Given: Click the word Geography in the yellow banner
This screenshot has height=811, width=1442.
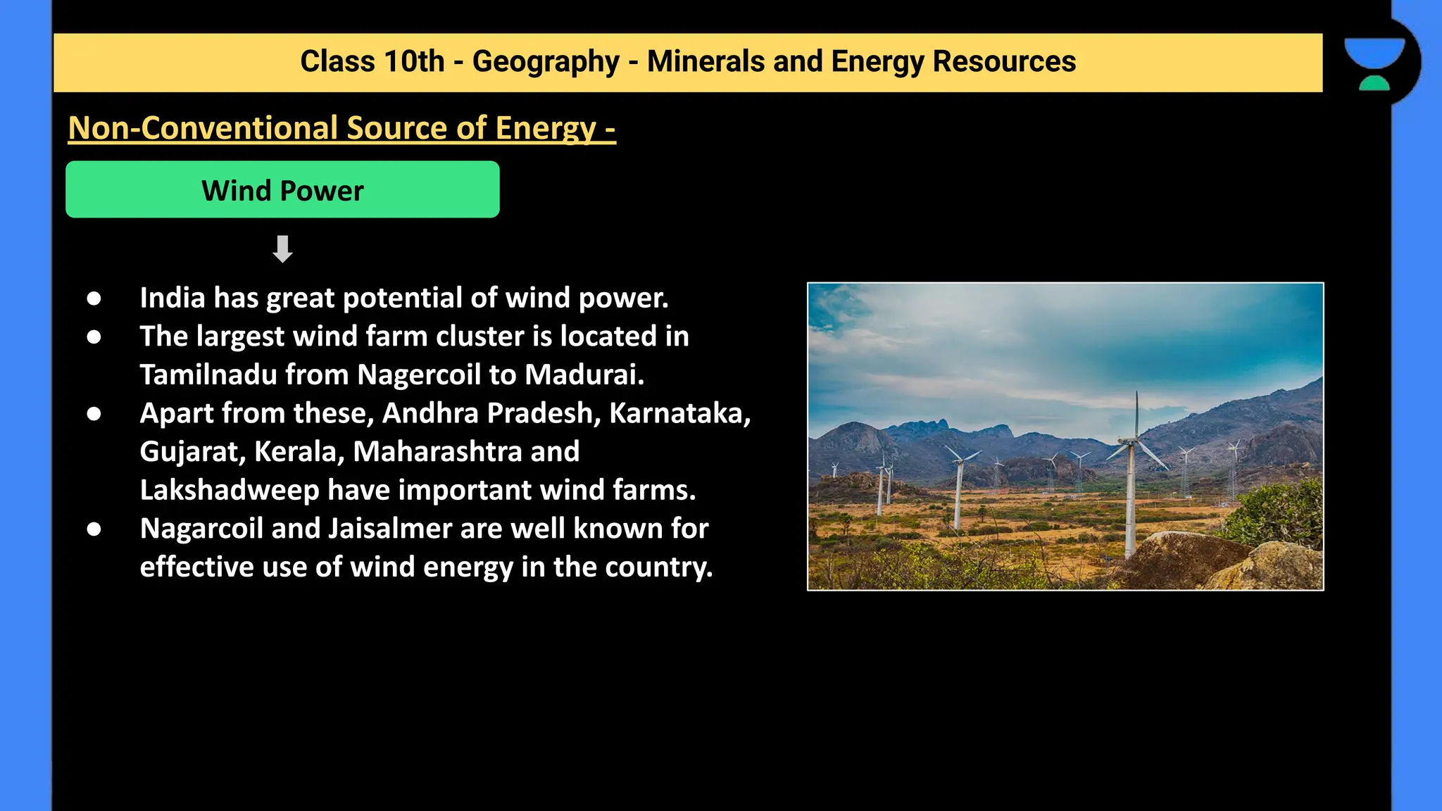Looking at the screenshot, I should coord(545,62).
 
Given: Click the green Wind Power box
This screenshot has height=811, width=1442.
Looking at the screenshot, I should coord(282,190).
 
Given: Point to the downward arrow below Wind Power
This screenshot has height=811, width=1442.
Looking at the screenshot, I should coord(282,249).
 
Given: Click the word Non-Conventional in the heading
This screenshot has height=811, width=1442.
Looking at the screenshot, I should coord(203,128).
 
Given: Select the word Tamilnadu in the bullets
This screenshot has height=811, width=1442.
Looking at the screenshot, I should coord(208,375).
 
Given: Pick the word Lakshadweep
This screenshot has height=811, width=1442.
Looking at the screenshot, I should coord(230,490).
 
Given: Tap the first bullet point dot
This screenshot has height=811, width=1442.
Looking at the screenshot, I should coord(94,298).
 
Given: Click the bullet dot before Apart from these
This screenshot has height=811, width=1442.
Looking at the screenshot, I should coord(94,414).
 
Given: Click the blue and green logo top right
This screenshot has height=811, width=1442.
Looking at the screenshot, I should coord(1374,63).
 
